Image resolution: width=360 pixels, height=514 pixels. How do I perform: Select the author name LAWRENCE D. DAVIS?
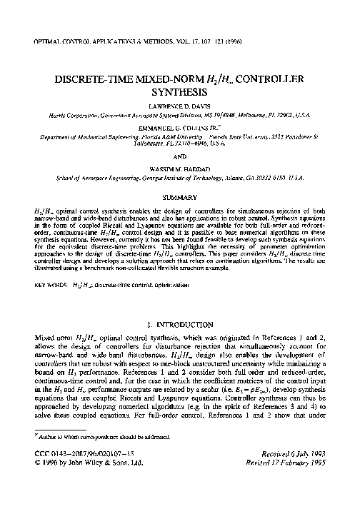point(180,104)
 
